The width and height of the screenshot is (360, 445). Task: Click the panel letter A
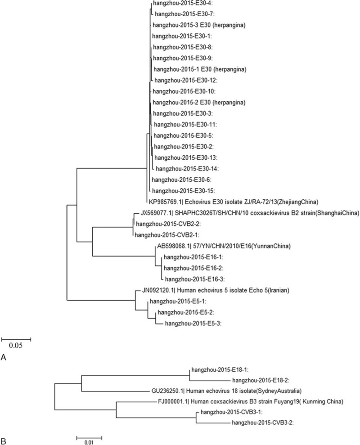[4, 359]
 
